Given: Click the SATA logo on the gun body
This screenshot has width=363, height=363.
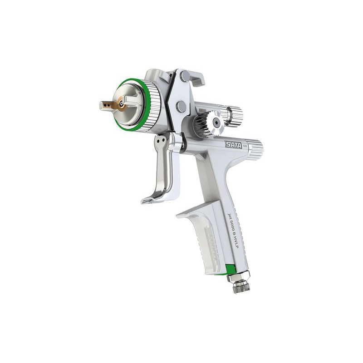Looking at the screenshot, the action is (x=234, y=145).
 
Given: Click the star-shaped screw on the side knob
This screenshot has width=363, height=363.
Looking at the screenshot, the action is (x=217, y=123).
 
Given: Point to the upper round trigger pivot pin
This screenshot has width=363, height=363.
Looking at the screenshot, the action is (x=185, y=76).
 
